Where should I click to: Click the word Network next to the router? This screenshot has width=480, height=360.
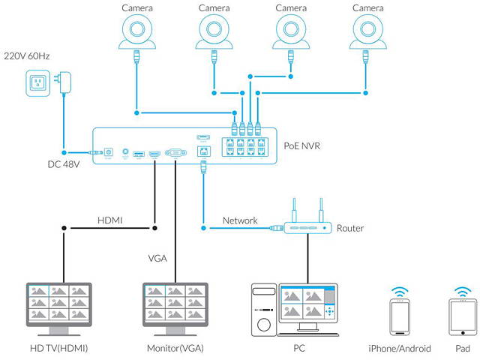point(240,221)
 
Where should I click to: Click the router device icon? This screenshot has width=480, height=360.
point(306,226)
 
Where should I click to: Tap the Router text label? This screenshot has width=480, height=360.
point(350,228)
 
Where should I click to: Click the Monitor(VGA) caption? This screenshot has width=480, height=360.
point(175,349)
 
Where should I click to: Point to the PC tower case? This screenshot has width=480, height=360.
point(263,307)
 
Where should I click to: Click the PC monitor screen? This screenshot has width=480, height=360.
point(307,304)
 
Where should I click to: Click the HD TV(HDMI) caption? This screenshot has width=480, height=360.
point(57,349)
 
